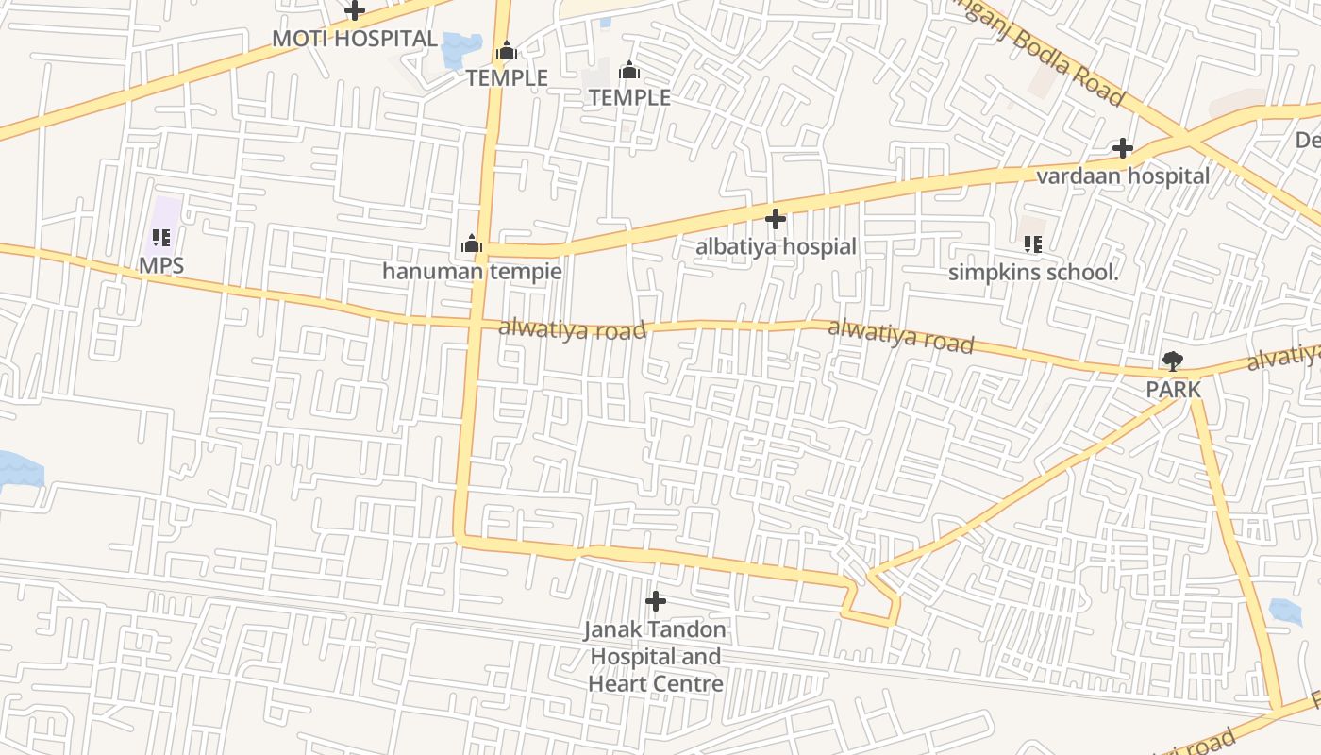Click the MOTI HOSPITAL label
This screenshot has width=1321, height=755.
coord(355,39)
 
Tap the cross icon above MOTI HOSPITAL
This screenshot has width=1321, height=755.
coord(355,11)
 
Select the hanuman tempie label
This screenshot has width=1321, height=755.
coord(472,272)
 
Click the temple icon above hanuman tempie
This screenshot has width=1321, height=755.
coord(472,244)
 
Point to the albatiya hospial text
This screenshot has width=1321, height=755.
coord(776,247)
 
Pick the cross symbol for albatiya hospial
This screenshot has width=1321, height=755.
coord(776,219)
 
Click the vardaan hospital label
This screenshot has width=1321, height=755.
coord(1123,176)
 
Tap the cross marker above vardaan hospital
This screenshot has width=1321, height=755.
coord(1123,148)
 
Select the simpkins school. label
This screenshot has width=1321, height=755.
coord(1033,273)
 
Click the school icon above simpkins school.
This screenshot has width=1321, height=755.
coord(1033,244)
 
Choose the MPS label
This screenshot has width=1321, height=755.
coord(161,266)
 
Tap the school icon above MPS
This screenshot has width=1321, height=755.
coord(161,238)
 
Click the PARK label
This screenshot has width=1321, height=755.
coord(1173,390)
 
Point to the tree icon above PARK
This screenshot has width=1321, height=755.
coord(1173,361)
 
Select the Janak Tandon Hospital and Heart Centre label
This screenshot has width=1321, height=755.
coord(656,657)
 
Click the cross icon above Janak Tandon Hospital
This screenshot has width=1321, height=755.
coord(656,601)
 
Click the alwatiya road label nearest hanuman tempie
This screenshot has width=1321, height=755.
coord(572,329)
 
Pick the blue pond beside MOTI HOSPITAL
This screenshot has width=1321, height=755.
coord(461,48)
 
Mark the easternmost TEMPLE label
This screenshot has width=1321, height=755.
coord(629,97)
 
